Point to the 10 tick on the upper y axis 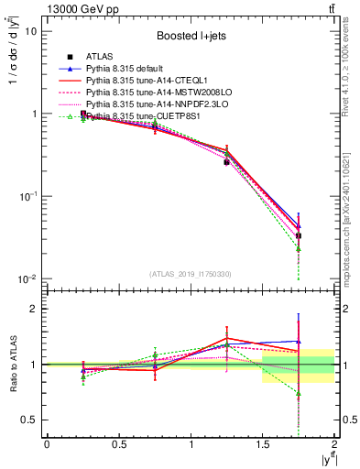click(x=30, y=31)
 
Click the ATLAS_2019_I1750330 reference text click(x=190, y=274)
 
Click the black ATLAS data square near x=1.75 click(x=299, y=235)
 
